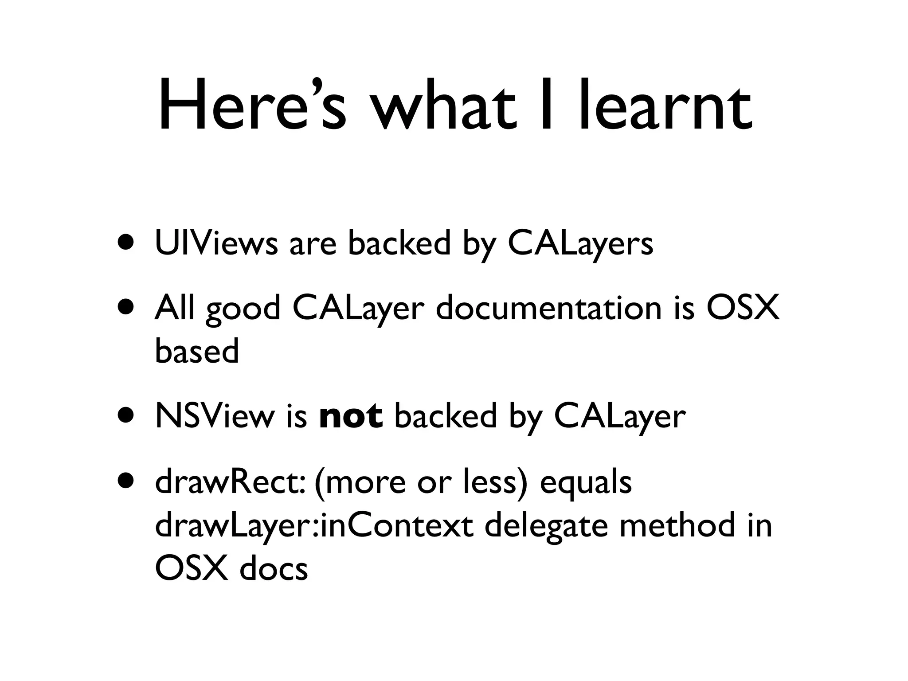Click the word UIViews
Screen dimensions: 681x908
(216, 243)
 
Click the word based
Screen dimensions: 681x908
(197, 351)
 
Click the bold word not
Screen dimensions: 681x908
(351, 417)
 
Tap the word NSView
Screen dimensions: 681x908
(215, 417)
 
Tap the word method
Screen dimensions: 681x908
(674, 525)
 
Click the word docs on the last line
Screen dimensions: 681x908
(274, 568)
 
